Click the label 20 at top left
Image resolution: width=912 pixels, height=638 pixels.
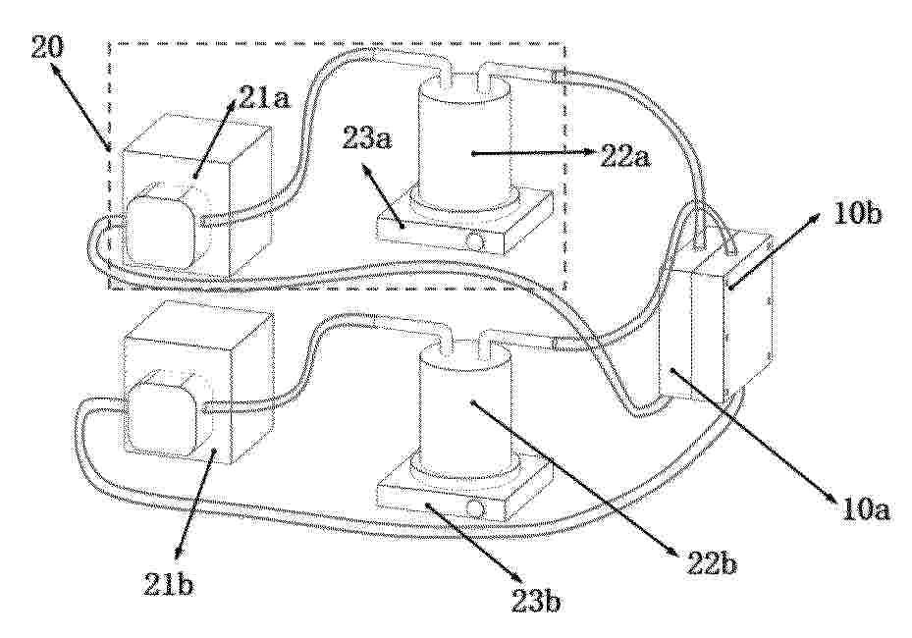pos(46,47)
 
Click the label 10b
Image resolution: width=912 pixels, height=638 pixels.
pos(857,215)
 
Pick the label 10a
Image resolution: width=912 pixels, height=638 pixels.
pos(866,510)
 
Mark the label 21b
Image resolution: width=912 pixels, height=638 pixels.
pos(169,585)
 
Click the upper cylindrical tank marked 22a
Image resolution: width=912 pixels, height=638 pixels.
pos(464,139)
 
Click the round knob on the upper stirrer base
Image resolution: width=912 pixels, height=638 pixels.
pos(476,240)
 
